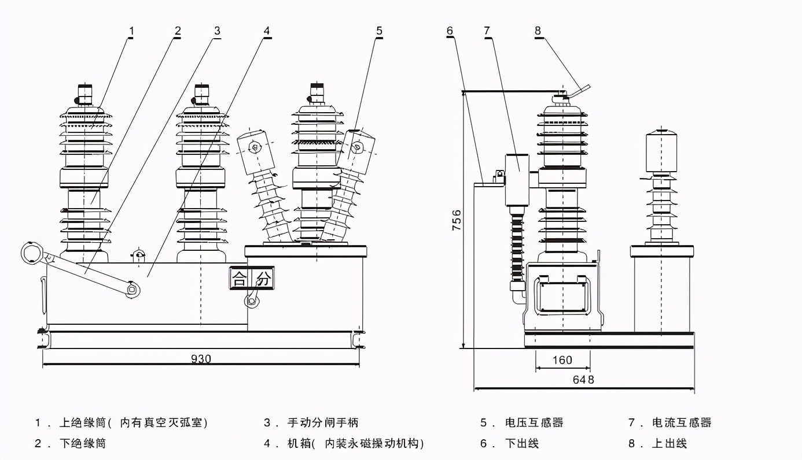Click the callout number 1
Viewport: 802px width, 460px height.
click(131, 30)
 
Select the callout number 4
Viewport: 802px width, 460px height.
click(267, 30)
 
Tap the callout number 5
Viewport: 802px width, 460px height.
click(379, 30)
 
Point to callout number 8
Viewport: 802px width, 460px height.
click(538, 30)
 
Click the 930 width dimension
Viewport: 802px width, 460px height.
click(201, 359)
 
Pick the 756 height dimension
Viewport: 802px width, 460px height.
click(456, 221)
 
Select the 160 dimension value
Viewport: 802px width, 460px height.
click(562, 360)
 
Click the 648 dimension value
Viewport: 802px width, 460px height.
click(583, 380)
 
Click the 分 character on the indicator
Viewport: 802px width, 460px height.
click(263, 279)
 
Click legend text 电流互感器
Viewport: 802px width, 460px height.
click(682, 423)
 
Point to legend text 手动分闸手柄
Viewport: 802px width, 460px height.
click(323, 423)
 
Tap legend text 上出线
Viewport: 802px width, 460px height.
click(669, 444)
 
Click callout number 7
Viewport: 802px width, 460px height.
click(487, 30)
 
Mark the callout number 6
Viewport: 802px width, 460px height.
click(450, 30)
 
